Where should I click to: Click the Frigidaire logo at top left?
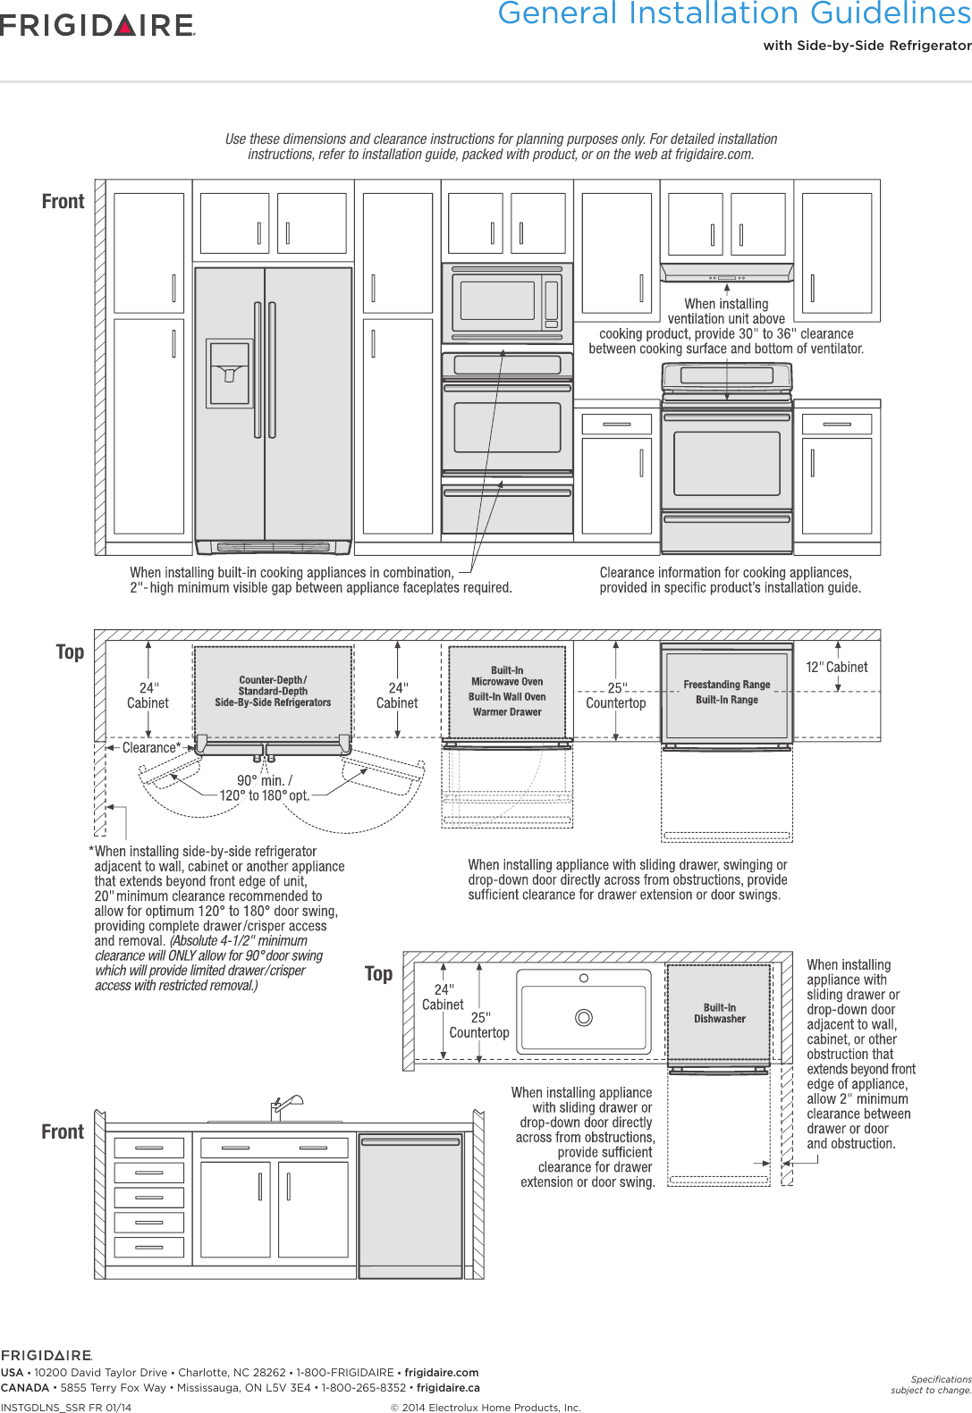[97, 25]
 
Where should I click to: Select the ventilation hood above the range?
[727, 272]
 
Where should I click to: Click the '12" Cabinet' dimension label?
[836, 667]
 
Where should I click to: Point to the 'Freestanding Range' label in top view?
[726, 685]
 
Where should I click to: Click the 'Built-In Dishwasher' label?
[719, 1013]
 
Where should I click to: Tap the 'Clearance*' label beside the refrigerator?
[150, 747]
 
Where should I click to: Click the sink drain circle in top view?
[584, 1017]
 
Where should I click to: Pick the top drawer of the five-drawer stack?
[149, 1147]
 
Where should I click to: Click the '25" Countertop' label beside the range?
[615, 695]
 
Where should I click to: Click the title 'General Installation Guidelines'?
[733, 13]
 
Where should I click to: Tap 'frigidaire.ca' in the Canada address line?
[448, 1388]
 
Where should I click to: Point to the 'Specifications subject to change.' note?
[931, 1384]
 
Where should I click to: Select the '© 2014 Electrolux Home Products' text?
[486, 1408]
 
